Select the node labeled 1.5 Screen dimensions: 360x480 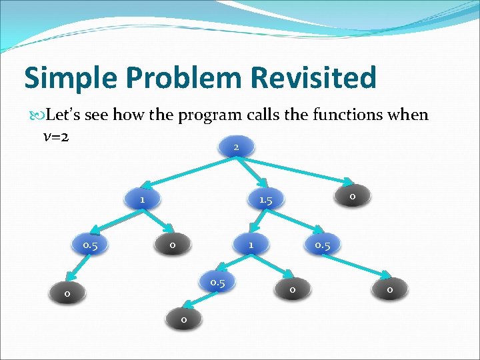point(265,200)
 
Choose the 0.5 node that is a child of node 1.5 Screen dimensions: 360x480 point(323,245)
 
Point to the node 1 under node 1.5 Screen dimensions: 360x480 point(251,245)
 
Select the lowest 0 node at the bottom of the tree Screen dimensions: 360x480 point(183,321)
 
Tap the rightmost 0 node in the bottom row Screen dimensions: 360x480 point(389,290)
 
